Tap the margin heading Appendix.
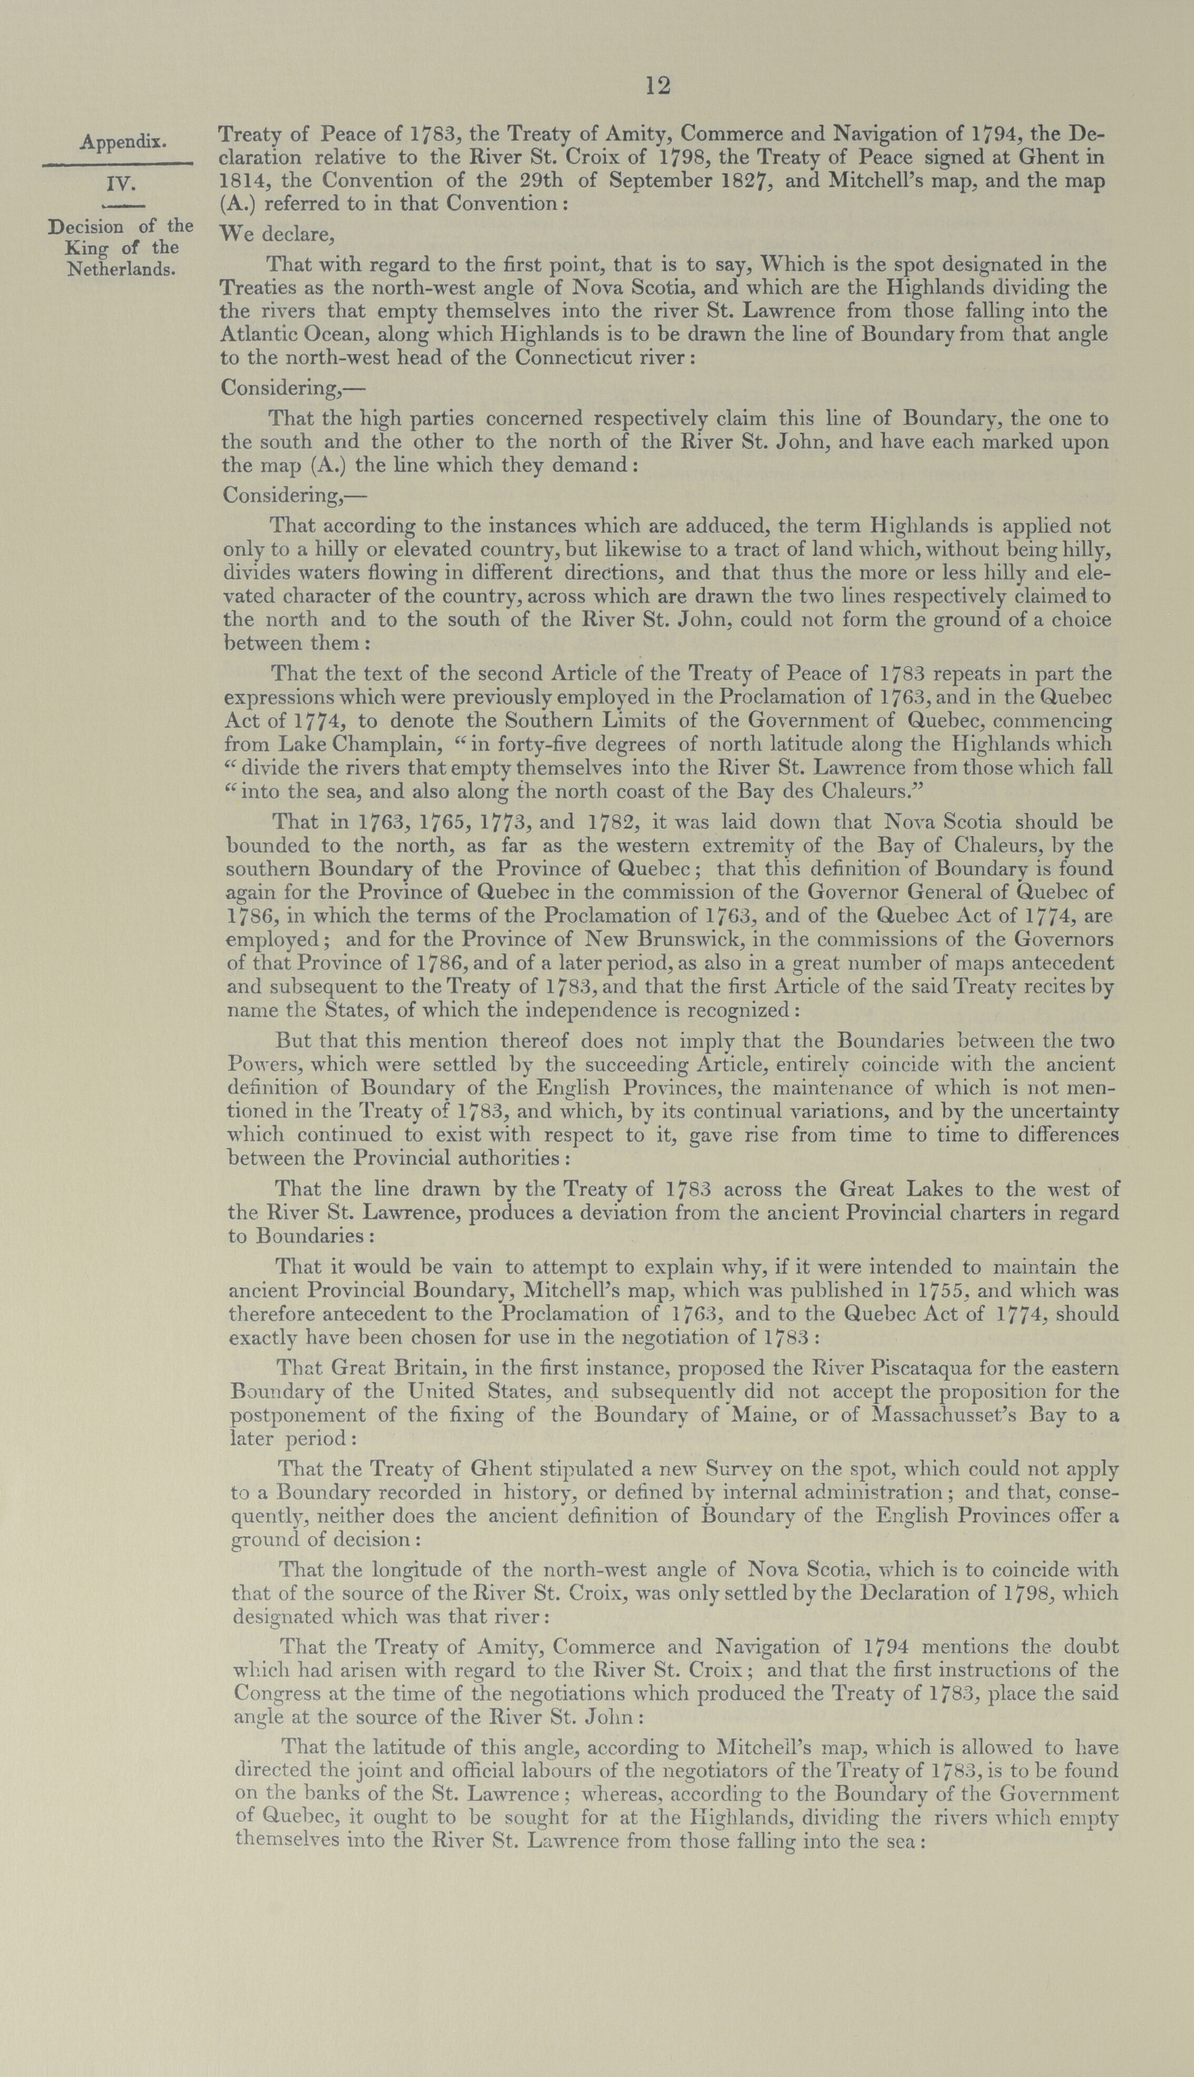(123, 142)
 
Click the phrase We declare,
(276, 235)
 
